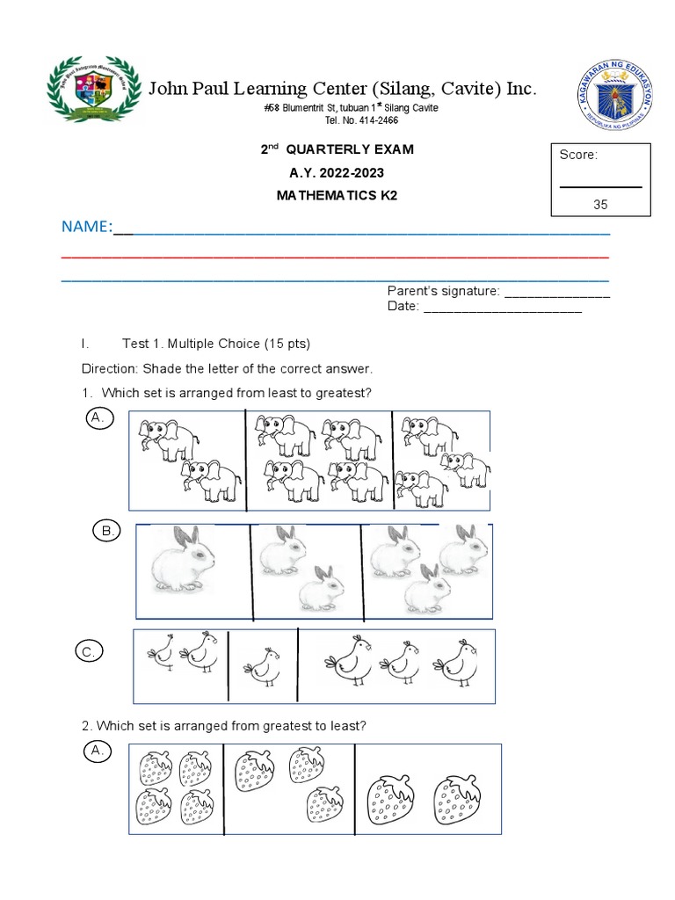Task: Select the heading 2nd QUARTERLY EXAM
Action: [337, 150]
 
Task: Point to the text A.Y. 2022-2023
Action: [337, 173]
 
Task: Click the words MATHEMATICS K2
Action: [337, 195]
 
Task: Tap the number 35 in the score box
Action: [600, 204]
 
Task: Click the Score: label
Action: [578, 155]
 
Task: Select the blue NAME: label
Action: [86, 228]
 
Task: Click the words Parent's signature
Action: [443, 292]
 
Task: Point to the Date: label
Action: [403, 307]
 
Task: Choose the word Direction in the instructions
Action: [110, 368]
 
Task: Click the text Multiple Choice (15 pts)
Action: [238, 344]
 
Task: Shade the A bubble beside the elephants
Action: [98, 420]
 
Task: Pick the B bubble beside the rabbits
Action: [107, 531]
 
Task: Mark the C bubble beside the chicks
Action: [89, 651]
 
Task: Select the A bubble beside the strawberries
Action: [98, 751]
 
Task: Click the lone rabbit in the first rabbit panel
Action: [183, 560]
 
